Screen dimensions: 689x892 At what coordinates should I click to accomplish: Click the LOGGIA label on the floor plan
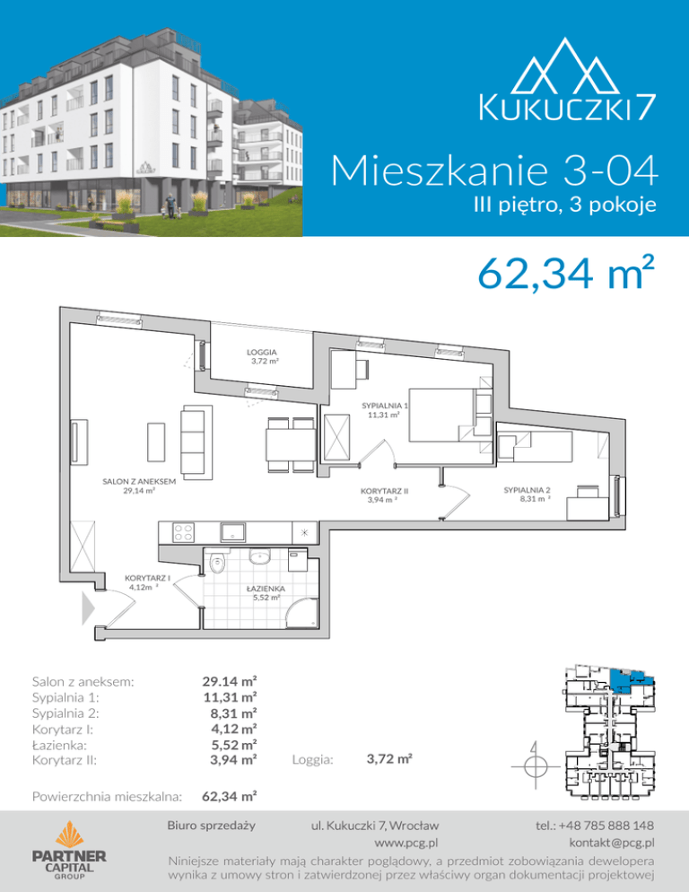point(262,352)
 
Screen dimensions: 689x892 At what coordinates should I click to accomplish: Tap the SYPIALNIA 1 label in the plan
point(385,406)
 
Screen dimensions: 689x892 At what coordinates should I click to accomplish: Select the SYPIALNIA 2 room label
point(527,490)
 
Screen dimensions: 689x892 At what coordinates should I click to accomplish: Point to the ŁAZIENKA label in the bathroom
point(266,589)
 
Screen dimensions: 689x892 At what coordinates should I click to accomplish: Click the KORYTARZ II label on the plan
point(385,491)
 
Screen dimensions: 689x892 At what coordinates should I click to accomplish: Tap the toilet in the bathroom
point(217,563)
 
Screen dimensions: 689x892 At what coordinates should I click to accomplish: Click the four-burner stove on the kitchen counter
point(183,532)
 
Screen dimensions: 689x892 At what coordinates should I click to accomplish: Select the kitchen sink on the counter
point(233,532)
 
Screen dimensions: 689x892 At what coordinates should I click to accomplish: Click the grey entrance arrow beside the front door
point(88,608)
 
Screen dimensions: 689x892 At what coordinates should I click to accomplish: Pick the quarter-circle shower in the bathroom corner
point(301,613)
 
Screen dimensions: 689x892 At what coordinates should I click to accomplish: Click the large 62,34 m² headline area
point(566,273)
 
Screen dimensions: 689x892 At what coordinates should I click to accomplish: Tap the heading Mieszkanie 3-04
point(494,171)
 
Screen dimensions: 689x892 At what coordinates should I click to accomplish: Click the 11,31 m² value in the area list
point(230,697)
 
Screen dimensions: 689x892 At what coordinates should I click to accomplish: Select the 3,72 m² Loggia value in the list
point(389,758)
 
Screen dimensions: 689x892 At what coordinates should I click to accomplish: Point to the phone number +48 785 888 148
point(595,825)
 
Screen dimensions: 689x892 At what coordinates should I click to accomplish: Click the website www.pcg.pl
point(406,843)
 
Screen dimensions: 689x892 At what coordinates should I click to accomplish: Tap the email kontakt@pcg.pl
point(612,843)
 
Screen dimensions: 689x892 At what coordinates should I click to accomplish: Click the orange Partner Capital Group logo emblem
point(69,835)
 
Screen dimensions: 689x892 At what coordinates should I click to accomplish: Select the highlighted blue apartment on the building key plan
point(628,679)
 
